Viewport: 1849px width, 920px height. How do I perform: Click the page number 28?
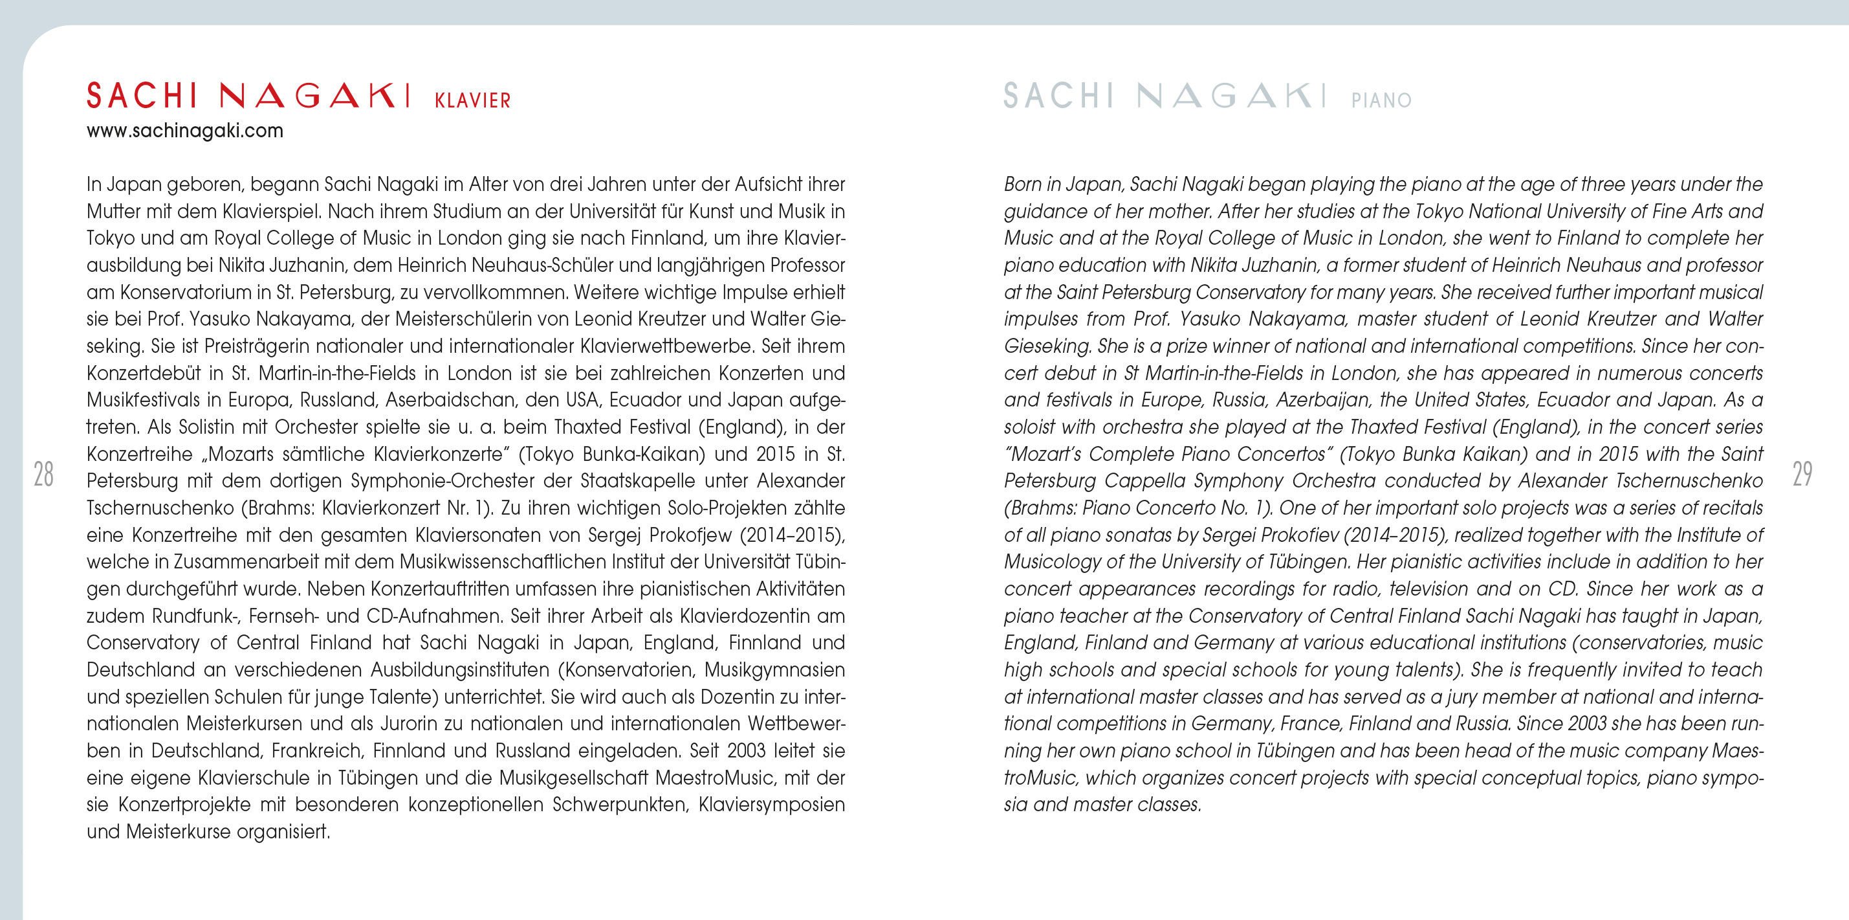44,474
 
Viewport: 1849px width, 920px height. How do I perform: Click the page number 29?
1802,474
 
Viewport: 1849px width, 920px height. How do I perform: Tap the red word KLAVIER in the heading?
472,100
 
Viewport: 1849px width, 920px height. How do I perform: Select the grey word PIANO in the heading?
1381,100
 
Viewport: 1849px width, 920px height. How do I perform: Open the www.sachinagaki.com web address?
184,131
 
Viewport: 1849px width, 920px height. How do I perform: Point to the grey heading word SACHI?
1058,96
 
